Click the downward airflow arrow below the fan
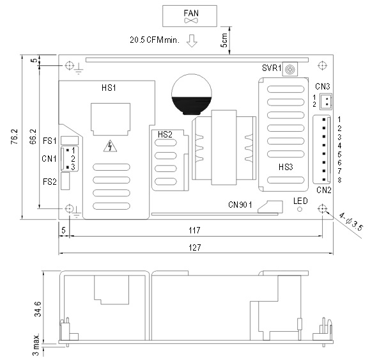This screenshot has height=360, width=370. point(192,41)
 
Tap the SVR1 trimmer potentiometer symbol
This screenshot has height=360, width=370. point(289,70)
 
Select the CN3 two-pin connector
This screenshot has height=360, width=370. point(326,102)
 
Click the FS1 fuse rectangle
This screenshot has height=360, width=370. point(70,141)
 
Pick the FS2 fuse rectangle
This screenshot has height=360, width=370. point(65,181)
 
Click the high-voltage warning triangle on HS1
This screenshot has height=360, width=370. point(110,146)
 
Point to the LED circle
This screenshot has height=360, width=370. point(300,209)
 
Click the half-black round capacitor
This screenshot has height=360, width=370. point(191,95)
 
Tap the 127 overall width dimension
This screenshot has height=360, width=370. point(195,247)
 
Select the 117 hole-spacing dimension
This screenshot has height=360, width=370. point(194,230)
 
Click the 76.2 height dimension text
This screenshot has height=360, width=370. point(14,137)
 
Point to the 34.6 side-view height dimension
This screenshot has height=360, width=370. point(38,309)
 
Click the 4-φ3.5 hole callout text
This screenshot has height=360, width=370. point(351,222)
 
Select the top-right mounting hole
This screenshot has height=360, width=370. point(322,65)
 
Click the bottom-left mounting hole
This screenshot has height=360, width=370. point(69,208)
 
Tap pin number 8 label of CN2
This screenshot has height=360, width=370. point(339,180)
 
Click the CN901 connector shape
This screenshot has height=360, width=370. point(270,207)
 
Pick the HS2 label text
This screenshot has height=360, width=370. point(165,134)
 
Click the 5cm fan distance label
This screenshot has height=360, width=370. point(224,40)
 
